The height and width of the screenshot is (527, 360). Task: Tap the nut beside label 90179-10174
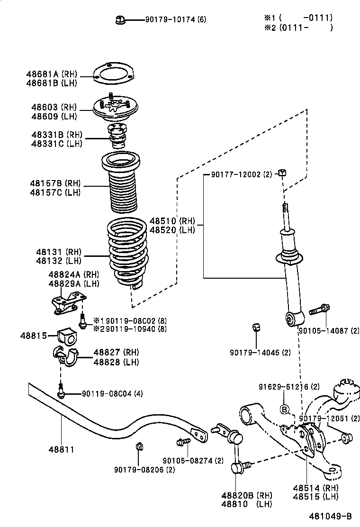pyautogui.click(x=119, y=19)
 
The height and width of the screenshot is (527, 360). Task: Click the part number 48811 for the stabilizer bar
pyautogui.click(x=60, y=449)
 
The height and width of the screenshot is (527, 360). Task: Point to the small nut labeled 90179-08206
pyautogui.click(x=139, y=445)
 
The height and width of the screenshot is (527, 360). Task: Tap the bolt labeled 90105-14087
pyautogui.click(x=319, y=310)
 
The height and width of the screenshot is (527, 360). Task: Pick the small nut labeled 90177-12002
pyautogui.click(x=281, y=172)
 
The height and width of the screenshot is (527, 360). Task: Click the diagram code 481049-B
pyautogui.click(x=331, y=516)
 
